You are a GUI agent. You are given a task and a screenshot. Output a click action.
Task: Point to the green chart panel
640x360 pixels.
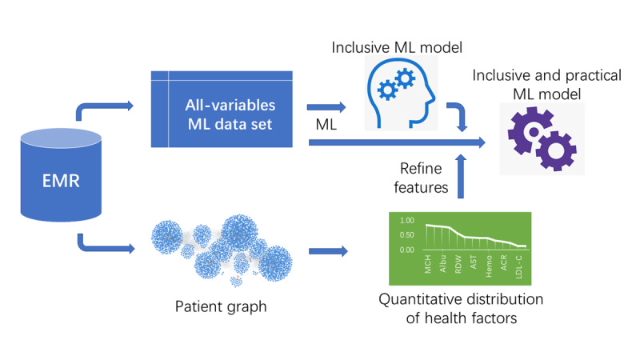459,248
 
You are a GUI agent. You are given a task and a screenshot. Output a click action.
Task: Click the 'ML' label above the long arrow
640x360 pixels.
325,128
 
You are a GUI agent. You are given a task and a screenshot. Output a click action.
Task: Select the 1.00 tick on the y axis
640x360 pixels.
406,220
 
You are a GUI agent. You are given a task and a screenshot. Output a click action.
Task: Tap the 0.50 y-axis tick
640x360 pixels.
406,235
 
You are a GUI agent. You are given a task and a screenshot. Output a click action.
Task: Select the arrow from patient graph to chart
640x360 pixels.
330,252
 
